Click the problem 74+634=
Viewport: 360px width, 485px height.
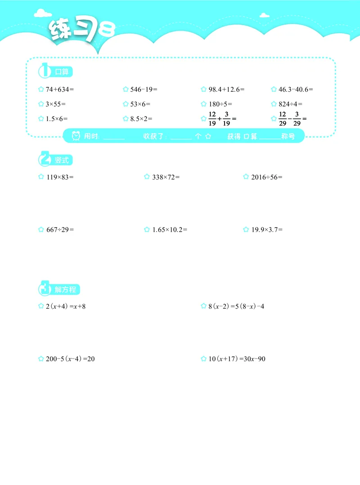pos(59,90)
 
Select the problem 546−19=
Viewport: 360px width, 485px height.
pos(144,90)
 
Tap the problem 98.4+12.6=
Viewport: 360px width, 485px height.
pos(226,90)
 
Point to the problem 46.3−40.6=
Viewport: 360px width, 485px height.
pos(296,90)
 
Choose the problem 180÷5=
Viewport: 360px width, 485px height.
pos(220,104)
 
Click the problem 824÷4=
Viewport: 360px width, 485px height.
pos(290,104)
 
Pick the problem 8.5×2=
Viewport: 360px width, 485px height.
pos(141,119)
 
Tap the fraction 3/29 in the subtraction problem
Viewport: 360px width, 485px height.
pos(297,119)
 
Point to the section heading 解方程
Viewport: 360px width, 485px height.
pos(65,290)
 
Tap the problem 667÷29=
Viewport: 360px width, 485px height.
pos(60,229)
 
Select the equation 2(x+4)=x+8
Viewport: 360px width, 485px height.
pos(66,306)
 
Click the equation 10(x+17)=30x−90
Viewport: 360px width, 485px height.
pos(237,359)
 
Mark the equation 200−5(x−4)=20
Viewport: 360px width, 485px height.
pos(70,359)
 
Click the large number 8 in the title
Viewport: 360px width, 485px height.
pos(107,30)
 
